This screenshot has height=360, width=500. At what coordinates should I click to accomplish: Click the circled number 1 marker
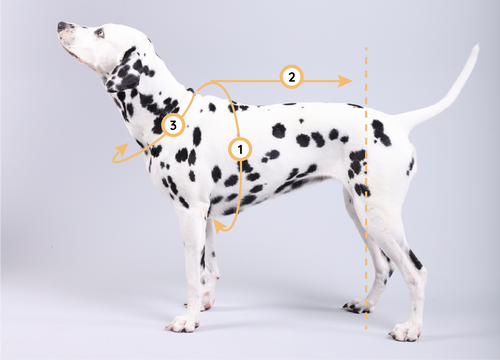pyautogui.click(x=240, y=149)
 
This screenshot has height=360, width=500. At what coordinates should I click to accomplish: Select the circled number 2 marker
pyautogui.click(x=291, y=77)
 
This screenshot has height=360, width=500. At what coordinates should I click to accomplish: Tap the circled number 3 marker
pyautogui.click(x=173, y=126)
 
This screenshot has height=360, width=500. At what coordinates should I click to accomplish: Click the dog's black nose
pyautogui.click(x=62, y=26)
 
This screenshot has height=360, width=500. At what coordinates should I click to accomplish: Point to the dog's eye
pyautogui.click(x=100, y=33)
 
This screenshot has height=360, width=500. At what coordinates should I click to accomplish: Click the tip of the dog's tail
pyautogui.click(x=477, y=46)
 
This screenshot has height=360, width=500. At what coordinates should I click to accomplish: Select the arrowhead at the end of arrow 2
pyautogui.click(x=345, y=81)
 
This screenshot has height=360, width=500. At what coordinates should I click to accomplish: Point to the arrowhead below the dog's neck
pyautogui.click(x=123, y=149)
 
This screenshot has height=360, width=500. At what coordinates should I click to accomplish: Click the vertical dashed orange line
pyautogui.click(x=366, y=188)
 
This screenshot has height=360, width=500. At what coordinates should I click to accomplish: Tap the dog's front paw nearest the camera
pyautogui.click(x=183, y=323)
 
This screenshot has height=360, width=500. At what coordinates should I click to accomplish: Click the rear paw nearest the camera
pyautogui.click(x=406, y=332)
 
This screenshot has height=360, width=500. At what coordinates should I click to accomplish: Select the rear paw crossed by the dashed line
pyautogui.click(x=358, y=306)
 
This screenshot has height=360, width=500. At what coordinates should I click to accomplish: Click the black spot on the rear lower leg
pyautogui.click(x=415, y=260)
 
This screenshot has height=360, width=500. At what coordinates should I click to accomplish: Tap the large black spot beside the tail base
pyautogui.click(x=381, y=133)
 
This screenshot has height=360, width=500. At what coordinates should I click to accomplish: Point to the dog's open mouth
pyautogui.click(x=73, y=53)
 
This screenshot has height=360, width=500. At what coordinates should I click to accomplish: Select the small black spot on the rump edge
pyautogui.click(x=411, y=166)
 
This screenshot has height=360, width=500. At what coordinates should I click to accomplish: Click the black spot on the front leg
pyautogui.click(x=203, y=257)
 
